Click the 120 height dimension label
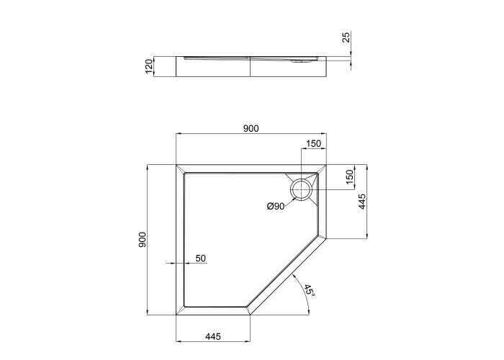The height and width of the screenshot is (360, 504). tap(149, 66)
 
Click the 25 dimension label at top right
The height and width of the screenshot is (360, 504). tap(346, 37)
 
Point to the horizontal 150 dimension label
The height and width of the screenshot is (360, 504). tap(313, 144)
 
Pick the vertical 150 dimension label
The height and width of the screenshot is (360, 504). tap(349, 176)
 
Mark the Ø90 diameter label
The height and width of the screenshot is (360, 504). tap(276, 207)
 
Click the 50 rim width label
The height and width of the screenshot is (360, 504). tap(201, 258)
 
